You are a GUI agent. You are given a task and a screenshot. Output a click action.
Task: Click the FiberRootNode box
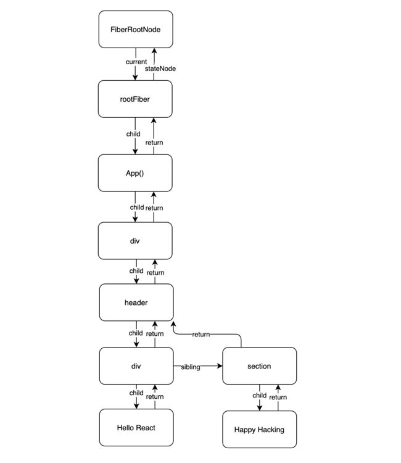coord(136,29)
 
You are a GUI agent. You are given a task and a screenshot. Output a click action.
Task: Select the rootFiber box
coord(136,99)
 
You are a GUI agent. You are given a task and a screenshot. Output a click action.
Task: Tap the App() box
coord(136,172)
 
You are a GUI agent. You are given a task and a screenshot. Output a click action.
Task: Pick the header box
coord(136,303)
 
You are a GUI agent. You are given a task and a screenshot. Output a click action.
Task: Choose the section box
coord(259,366)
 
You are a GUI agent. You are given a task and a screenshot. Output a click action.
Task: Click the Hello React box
coord(136,427)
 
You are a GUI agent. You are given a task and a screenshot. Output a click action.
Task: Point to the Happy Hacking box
coord(259,429)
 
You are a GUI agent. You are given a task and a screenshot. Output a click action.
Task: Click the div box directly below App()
coord(136,241)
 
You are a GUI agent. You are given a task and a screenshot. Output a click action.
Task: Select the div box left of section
coord(136,366)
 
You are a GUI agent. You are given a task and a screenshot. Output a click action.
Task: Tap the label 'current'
coord(136,62)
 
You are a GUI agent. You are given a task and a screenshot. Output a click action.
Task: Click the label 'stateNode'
coord(160,69)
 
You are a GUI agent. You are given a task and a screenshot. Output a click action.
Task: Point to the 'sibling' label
coord(190,367)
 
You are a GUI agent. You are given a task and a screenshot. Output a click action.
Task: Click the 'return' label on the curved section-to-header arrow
coord(201,334)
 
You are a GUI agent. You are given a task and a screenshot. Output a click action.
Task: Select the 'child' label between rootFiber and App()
coord(133,134)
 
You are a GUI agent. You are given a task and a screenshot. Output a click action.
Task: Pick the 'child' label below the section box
coord(260,395)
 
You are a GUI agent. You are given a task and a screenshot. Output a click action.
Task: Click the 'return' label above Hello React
coord(155,396)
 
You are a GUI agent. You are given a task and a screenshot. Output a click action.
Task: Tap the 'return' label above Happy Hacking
coord(278,397)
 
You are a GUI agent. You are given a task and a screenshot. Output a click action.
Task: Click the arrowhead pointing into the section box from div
coord(219,366)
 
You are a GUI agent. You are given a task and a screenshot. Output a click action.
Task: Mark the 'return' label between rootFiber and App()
coord(154,143)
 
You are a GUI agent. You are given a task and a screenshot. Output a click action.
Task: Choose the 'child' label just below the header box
coord(136,333)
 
